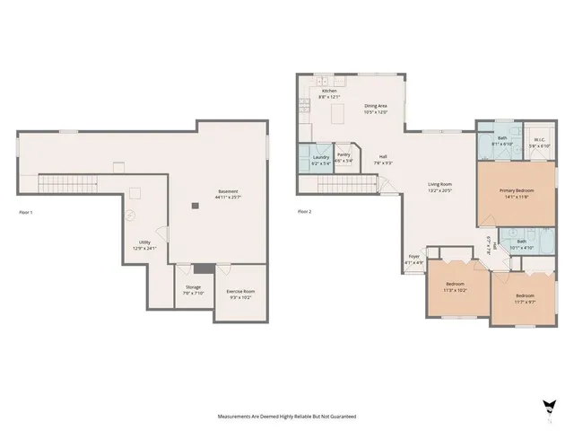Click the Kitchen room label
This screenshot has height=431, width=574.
point(329,91)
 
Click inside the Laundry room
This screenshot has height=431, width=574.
point(320,159)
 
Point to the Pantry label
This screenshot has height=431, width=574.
point(344,154)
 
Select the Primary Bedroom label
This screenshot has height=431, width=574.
point(506,190)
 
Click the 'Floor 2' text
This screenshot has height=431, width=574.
point(305,212)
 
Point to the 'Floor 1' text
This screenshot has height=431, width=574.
point(25,212)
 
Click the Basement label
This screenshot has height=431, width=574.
point(229,191)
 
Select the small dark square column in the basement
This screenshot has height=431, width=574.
point(194,206)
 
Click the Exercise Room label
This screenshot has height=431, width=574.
point(239,292)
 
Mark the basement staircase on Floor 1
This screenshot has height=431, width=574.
point(67,184)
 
